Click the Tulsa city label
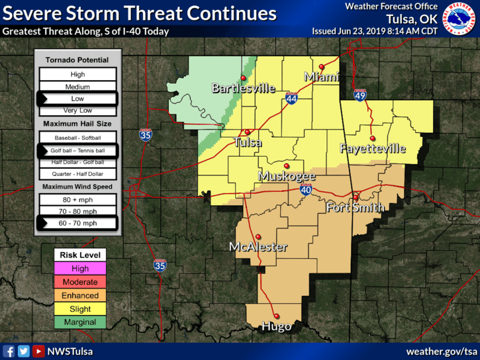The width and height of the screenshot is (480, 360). pos(248,142)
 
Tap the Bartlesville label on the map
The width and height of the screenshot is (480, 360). pos(243,88)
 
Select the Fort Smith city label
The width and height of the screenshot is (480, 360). pos(356,208)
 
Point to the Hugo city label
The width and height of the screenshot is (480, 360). pos(276,326)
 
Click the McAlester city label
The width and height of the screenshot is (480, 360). pos(258,247)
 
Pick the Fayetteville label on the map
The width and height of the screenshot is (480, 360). pos(373,149)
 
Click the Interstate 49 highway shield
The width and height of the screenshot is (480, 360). pos(360,96)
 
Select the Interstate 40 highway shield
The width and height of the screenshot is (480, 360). pos(305,190)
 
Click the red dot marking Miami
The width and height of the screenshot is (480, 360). pos(322,66)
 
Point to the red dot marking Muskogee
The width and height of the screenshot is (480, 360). pos(287,166)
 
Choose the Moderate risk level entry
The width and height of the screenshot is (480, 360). pos(80,282)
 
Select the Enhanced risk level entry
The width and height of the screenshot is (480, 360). pos(80,295)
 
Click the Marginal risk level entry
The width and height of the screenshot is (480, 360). pos(80,322)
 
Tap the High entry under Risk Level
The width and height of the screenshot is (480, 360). pos(80,269)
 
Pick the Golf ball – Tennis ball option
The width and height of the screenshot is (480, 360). pos(78,151)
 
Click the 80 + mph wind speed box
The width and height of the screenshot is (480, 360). pos(78,199)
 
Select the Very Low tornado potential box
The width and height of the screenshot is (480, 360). pos(78,111)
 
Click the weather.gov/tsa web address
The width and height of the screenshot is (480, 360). pos(442,351)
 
